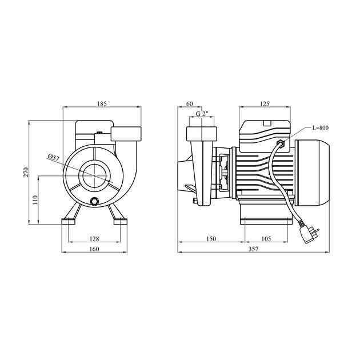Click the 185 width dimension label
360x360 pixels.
tap(102, 104)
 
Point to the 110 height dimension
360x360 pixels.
tap(35, 199)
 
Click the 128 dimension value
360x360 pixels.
tap(95, 239)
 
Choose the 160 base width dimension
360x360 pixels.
tap(95, 249)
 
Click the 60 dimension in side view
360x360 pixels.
tap(189, 104)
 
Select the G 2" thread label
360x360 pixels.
tap(199, 114)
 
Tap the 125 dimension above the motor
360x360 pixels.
tap(264, 104)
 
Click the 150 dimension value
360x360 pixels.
tap(211, 239)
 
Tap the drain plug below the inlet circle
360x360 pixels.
tap(95, 201)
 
